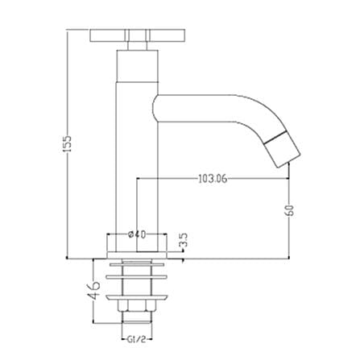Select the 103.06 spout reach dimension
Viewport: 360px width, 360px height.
tap(213, 179)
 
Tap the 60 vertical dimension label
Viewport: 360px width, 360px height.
tap(290, 210)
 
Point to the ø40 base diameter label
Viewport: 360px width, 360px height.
tap(137, 234)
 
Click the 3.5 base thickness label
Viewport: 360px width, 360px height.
tap(183, 240)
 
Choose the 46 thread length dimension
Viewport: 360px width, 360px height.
tap(93, 291)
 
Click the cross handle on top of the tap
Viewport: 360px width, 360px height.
tap(138, 35)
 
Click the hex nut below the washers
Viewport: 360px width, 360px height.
tap(137, 306)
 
